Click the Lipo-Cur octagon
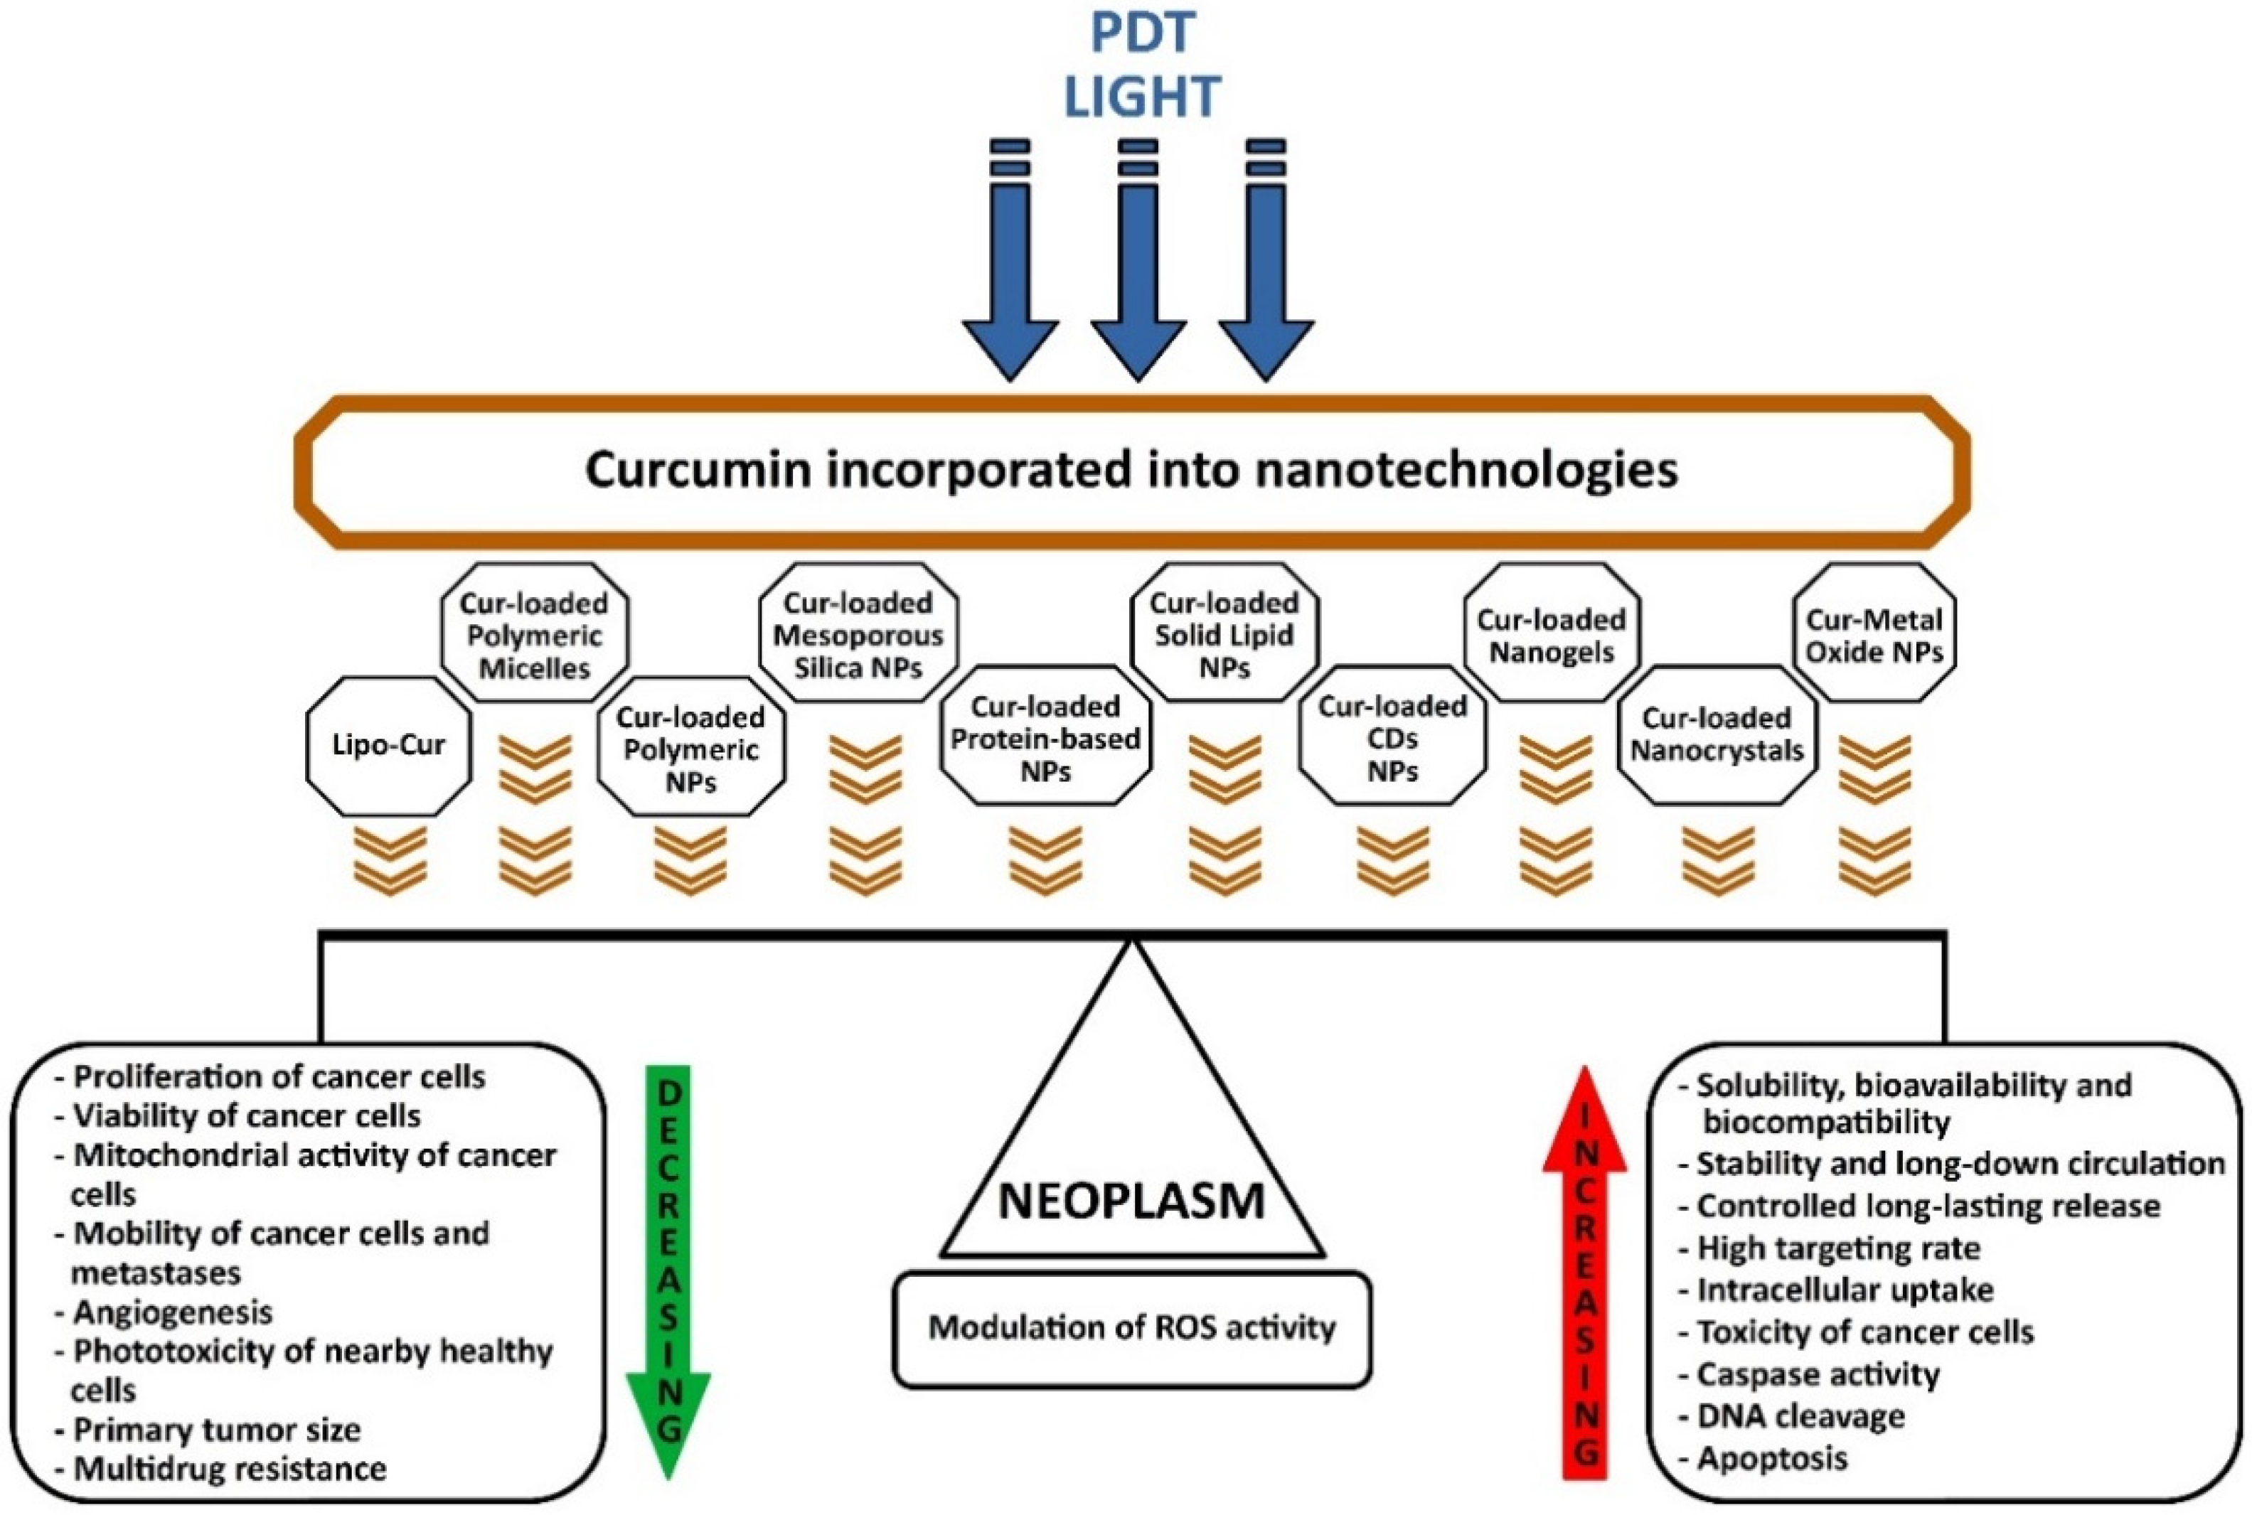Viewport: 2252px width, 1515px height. (x=388, y=745)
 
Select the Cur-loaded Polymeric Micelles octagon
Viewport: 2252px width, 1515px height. (x=534, y=635)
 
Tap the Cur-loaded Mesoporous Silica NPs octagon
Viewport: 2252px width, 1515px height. (x=858, y=635)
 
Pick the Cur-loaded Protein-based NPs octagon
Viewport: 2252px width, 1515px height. (x=1045, y=738)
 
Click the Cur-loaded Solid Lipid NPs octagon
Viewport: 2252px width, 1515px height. (x=1224, y=635)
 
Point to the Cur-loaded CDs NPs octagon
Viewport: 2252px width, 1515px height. (x=1392, y=738)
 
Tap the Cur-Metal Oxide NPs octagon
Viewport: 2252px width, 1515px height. (x=1874, y=635)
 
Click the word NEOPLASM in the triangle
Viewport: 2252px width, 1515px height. (x=1131, y=1201)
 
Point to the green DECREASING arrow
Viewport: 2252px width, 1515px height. (x=668, y=1265)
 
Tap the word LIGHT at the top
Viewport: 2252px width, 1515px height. (x=1142, y=97)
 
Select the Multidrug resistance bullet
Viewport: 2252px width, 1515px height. (x=230, y=1469)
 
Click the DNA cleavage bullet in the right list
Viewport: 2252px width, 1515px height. (x=1800, y=1416)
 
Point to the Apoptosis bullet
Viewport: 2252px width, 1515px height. (x=1771, y=1458)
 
